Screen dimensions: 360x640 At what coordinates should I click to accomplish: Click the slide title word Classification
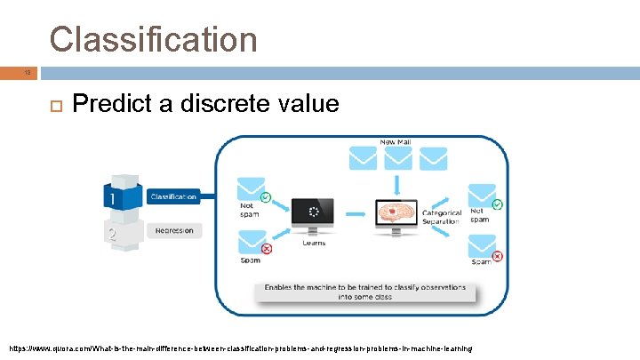tap(153, 39)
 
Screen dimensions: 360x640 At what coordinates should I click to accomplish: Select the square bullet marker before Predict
tap(54, 105)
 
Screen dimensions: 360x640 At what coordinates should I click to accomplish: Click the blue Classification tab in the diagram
tap(172, 196)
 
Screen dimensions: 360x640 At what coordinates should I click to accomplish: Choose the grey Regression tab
tap(173, 230)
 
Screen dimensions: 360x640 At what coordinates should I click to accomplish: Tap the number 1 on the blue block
tap(113, 197)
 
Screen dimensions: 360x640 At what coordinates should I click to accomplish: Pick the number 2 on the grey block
tap(112, 235)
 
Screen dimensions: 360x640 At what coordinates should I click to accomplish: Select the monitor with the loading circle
tap(314, 214)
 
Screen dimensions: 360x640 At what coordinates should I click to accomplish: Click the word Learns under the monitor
tap(314, 243)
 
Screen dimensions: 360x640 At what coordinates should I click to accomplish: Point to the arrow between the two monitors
tap(356, 213)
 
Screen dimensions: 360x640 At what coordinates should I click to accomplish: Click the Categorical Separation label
tap(442, 217)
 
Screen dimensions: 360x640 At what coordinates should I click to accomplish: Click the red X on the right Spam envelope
tap(497, 256)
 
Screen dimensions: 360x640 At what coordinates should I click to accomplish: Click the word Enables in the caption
tap(279, 289)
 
